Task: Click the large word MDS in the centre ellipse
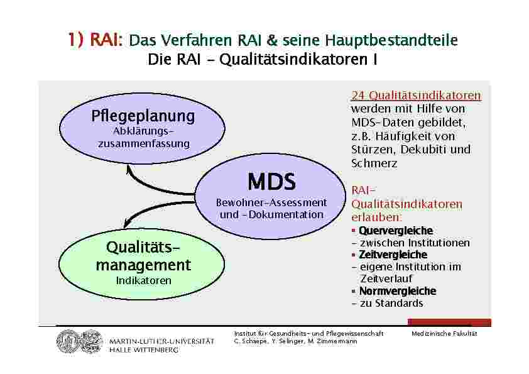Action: tap(271, 182)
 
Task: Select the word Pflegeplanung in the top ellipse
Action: tap(143, 116)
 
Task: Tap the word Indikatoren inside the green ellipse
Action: tap(144, 280)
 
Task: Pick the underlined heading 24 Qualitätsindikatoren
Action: tap(417, 96)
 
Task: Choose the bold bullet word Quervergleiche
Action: tap(396, 231)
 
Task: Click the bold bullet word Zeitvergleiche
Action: tap(393, 255)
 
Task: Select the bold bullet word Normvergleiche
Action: tap(398, 291)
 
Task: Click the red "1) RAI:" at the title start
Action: tap(95, 40)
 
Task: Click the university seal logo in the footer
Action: tap(80, 341)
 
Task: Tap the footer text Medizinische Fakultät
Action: tap(444, 334)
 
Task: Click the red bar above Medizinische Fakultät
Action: tap(449, 322)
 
